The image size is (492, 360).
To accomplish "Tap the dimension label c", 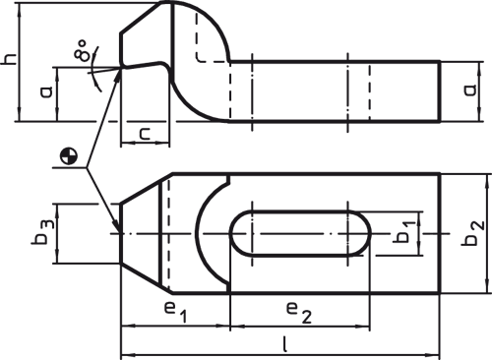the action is [144, 133].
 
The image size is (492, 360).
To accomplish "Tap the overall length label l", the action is [283, 343].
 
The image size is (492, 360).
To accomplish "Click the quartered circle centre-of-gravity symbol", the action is [68, 153].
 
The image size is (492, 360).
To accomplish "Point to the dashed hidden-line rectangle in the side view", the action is [213, 39].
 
